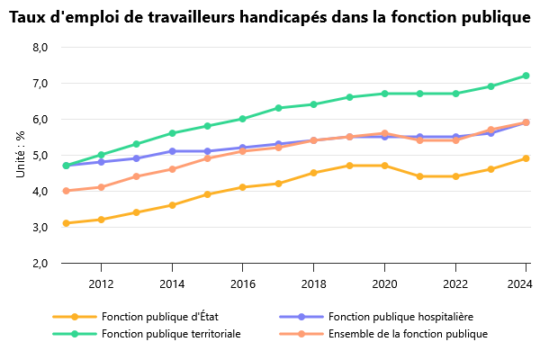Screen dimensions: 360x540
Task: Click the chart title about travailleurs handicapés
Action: pyautogui.click(x=270, y=17)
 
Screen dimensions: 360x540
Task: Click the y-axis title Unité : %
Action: pyautogui.click(x=20, y=154)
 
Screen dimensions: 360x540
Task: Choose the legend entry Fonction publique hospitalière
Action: pyautogui.click(x=400, y=317)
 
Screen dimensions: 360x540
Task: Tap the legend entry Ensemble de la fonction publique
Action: pyautogui.click(x=408, y=334)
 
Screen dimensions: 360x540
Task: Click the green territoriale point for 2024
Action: pyautogui.click(x=526, y=76)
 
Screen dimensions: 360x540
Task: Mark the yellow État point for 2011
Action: pyautogui.click(x=66, y=223)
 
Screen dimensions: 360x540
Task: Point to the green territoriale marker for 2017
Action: pyautogui.click(x=278, y=108)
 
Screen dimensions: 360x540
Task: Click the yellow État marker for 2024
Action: pyautogui.click(x=526, y=158)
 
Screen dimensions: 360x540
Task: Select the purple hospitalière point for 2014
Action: pyautogui.click(x=172, y=151)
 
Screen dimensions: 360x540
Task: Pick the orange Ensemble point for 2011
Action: pyautogui.click(x=66, y=191)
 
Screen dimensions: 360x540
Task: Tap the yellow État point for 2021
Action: pyautogui.click(x=420, y=176)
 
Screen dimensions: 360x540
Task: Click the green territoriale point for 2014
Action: pyautogui.click(x=172, y=133)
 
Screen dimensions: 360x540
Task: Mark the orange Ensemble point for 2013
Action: pyautogui.click(x=137, y=176)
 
